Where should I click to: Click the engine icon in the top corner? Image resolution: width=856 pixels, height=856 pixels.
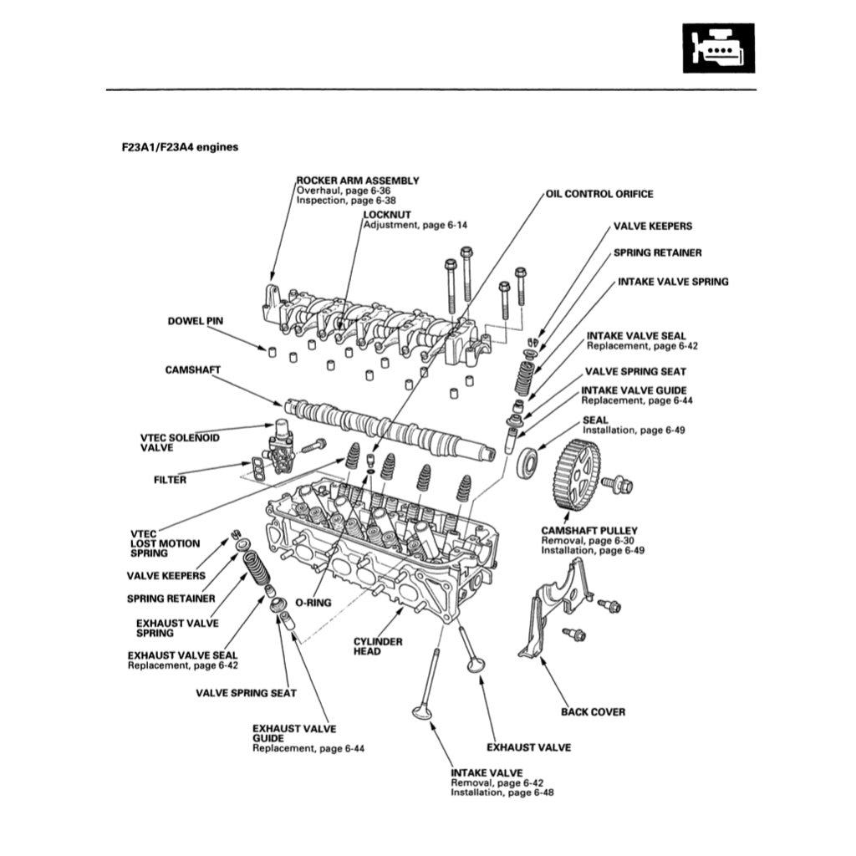(718, 48)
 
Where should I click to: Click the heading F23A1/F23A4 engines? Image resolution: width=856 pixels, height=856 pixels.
(180, 147)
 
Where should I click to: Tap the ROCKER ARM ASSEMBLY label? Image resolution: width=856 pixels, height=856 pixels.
(359, 180)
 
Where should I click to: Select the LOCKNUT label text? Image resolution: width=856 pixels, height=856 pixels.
(387, 215)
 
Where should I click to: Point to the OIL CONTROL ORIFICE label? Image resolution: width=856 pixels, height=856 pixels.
(599, 194)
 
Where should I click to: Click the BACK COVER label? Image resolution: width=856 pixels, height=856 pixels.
(592, 712)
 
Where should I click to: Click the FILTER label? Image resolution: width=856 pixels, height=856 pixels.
(170, 480)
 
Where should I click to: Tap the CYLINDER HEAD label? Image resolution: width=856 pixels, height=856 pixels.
(378, 646)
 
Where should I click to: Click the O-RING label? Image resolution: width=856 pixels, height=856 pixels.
(313, 602)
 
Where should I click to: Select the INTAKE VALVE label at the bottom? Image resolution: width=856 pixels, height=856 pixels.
(487, 772)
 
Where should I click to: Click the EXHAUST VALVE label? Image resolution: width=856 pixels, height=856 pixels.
(528, 747)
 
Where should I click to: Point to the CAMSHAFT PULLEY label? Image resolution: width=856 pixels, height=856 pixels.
(588, 530)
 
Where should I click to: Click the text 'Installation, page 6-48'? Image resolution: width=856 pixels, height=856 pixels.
(502, 792)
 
